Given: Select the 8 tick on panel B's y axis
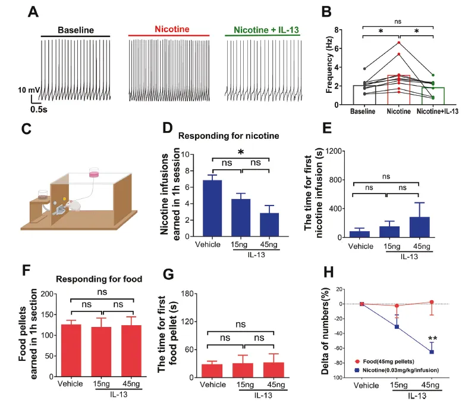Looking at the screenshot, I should click(x=339, y=29).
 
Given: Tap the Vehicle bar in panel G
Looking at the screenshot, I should click(x=212, y=370).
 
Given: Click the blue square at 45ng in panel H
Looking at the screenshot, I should click(x=432, y=352).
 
